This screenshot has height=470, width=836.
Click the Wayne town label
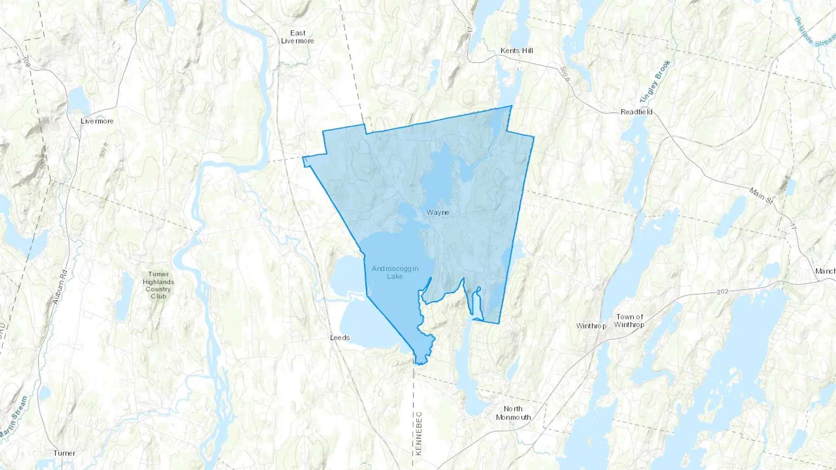[438, 212]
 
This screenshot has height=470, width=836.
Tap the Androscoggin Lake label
[395, 272]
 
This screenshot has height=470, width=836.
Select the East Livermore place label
[298, 37]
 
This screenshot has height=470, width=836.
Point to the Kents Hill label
[516, 51]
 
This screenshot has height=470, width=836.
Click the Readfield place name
[636, 112]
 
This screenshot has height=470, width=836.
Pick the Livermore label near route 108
[97, 121]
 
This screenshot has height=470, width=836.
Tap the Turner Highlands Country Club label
[158, 285]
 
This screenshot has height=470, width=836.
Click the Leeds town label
[340, 338]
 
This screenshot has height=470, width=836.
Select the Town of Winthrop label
[629, 321]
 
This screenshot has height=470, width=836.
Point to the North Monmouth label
[513, 413]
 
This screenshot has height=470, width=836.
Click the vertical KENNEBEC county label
[418, 433]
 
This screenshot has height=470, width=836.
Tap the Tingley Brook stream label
[655, 82]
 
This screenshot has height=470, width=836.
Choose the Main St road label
[760, 195]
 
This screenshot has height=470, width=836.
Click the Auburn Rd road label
[60, 287]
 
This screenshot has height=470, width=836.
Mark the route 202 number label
[723, 292]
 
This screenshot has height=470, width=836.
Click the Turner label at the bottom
[64, 453]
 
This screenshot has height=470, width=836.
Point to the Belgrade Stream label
[813, 32]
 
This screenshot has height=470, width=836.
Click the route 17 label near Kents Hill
[470, 29]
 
